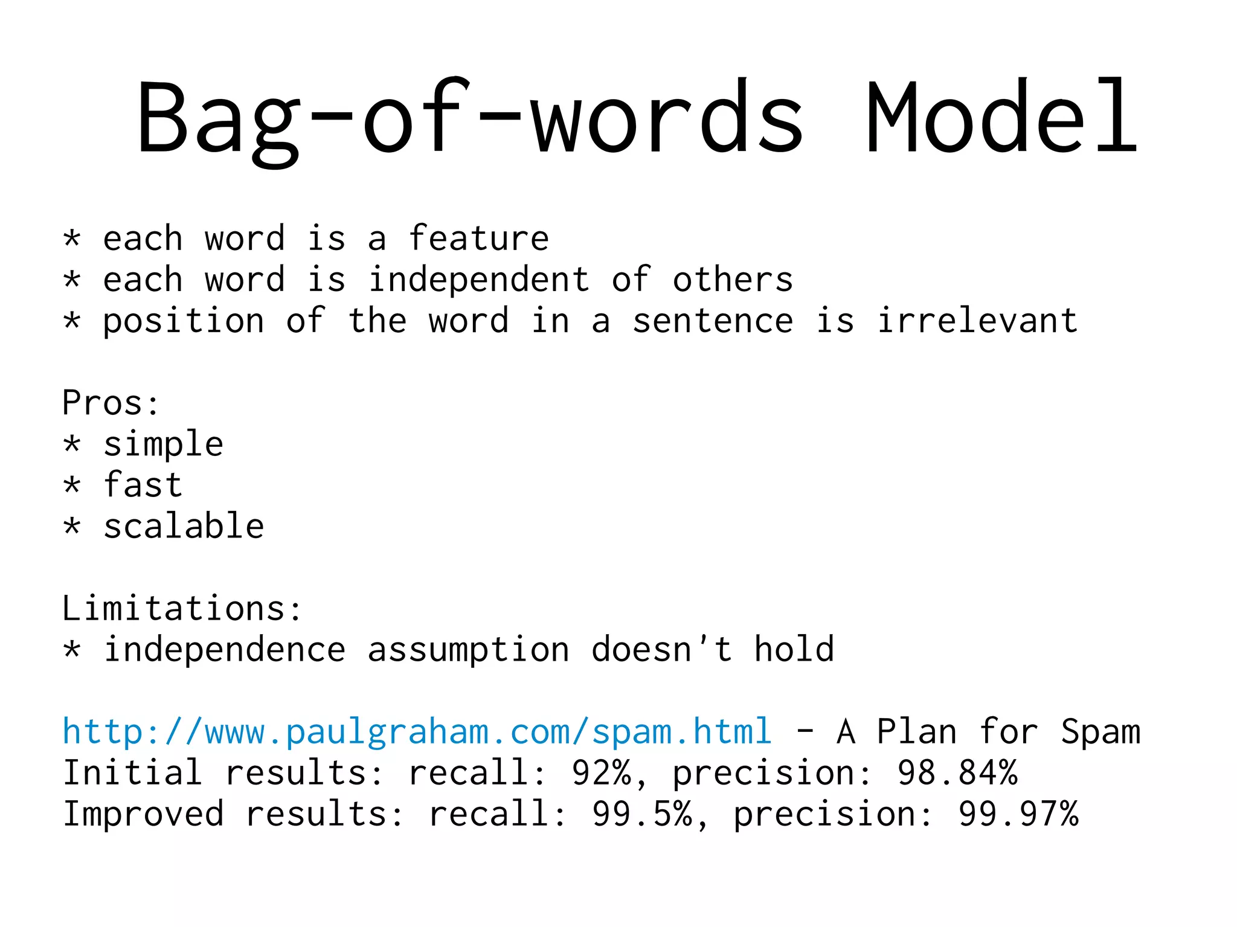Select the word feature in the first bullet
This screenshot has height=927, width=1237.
[478, 238]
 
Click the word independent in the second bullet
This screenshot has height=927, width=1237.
[478, 280]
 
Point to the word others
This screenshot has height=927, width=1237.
[733, 280]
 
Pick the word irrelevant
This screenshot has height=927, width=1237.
[977, 321]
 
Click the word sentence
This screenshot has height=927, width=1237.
[713, 321]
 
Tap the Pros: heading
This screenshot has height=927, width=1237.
[111, 403]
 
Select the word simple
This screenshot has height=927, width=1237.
[163, 445]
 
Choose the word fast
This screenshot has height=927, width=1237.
[143, 485]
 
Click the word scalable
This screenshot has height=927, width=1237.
[184, 526]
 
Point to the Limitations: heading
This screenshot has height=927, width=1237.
[181, 608]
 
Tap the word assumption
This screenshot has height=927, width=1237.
[468, 650]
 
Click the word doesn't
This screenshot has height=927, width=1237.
[661, 649]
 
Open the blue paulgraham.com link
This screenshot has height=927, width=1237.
[417, 732]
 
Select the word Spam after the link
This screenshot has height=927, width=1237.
[1100, 732]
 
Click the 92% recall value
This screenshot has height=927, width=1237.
[602, 773]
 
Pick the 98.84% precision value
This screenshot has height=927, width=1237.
[957, 773]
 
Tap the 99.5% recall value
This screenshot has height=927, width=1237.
[642, 814]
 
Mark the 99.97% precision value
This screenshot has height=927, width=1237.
[1018, 814]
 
